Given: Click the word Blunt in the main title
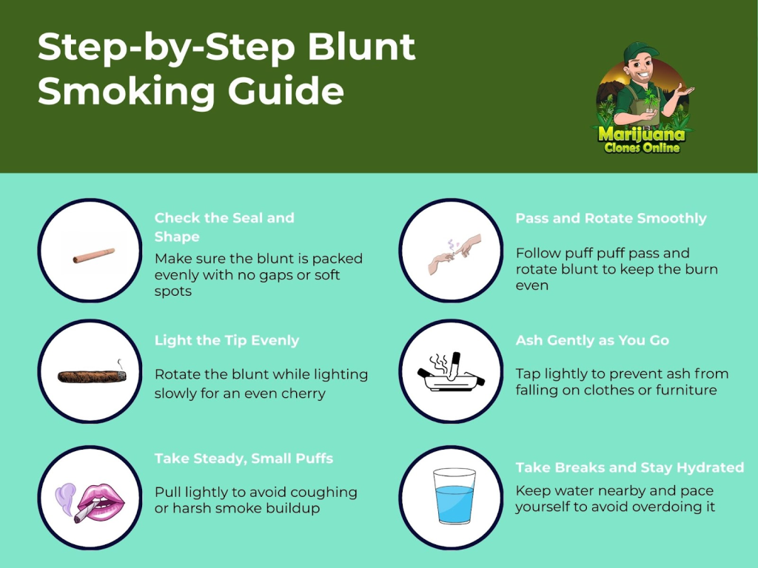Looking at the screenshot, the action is [x=360, y=47].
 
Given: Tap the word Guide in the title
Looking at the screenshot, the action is [x=286, y=91].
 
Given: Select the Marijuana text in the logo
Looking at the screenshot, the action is [x=642, y=134].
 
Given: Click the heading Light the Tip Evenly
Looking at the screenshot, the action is [x=227, y=340].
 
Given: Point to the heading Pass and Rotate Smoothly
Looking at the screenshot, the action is [x=611, y=218].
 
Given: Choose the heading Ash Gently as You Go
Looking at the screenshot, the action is [x=592, y=340].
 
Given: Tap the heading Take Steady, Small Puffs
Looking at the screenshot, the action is [x=244, y=459].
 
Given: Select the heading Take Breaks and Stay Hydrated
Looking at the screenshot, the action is [x=629, y=467].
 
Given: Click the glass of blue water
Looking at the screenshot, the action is [x=454, y=496].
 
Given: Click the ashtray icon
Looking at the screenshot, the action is [x=451, y=372].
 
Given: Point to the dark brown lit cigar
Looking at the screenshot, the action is [x=92, y=376].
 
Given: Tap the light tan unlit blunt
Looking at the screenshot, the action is [x=94, y=255].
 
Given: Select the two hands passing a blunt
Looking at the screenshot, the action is [x=455, y=254].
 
